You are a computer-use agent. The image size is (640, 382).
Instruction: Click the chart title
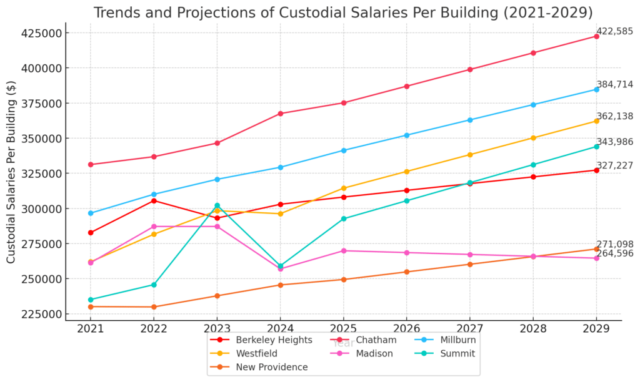tap(343, 12)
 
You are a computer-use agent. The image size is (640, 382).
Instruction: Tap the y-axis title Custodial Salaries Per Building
tap(11, 172)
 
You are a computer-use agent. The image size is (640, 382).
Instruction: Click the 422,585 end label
tap(615, 31)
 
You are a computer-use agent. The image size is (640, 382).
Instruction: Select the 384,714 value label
tap(615, 84)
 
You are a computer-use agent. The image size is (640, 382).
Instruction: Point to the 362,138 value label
tap(615, 116)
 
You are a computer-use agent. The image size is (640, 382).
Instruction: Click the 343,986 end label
tap(615, 142)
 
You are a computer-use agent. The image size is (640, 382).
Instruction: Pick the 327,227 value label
tap(615, 165)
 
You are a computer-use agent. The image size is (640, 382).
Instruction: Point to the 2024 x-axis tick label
tap(280, 328)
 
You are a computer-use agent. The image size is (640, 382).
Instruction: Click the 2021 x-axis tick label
tap(91, 328)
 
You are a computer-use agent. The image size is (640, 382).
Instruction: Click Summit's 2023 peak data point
tap(217, 205)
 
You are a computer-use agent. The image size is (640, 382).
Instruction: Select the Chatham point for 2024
tap(281, 114)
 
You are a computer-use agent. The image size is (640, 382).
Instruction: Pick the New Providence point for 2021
tap(91, 306)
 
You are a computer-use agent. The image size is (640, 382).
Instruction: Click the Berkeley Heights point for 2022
tap(154, 200)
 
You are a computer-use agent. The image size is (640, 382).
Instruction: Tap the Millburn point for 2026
tap(407, 135)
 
